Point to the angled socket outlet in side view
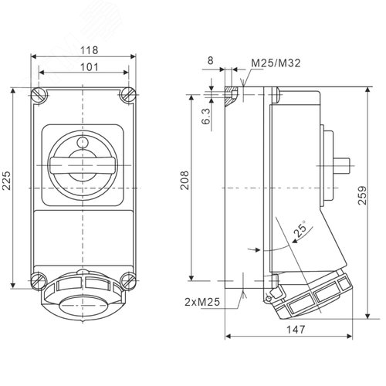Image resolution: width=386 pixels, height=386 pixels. click(309, 293)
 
